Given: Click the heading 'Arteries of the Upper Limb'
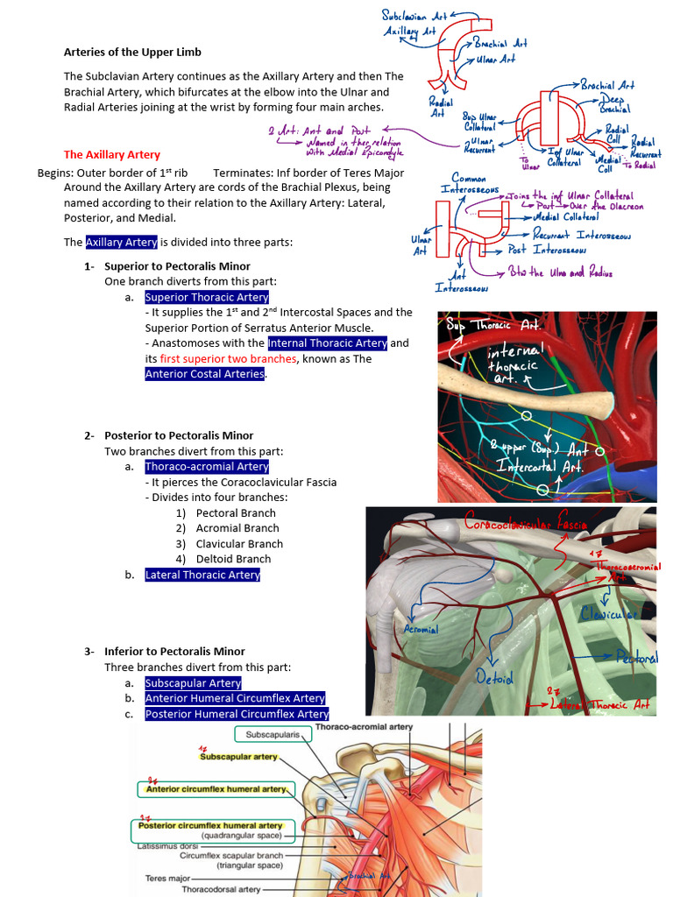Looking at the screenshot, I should coord(132,53).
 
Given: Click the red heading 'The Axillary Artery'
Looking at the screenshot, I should coord(112,155).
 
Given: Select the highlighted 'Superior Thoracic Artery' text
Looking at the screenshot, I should coord(207,297).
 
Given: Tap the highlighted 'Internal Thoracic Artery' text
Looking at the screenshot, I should coord(328,343).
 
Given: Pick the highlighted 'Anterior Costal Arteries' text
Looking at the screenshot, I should coord(205,374).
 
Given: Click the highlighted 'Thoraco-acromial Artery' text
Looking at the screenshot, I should coord(207,467).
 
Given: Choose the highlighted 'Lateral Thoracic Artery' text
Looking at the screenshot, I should coord(202,576).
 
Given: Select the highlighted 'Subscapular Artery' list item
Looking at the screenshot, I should coord(193,683).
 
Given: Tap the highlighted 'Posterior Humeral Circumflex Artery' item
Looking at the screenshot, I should coord(237,715).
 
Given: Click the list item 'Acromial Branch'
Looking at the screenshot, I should coord(237,528).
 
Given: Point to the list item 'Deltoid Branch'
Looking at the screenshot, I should coord(233,559).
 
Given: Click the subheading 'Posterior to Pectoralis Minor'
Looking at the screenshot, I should coord(179,435).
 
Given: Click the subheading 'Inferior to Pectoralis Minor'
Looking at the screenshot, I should coord(174,652).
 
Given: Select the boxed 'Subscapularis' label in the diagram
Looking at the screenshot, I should coord(271,734).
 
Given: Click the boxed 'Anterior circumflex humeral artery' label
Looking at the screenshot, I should coord(216,789).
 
